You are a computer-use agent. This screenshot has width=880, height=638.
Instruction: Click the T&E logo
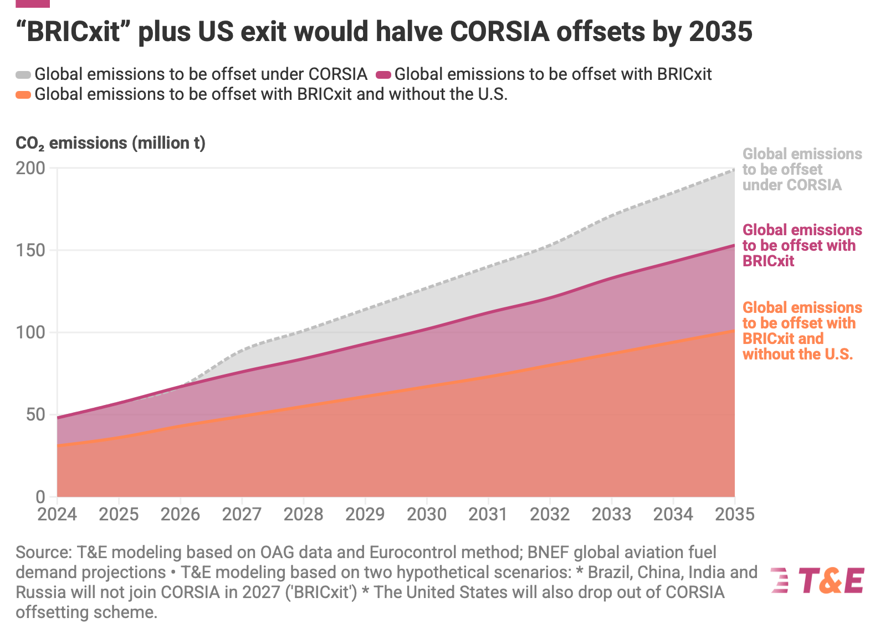coord(817,580)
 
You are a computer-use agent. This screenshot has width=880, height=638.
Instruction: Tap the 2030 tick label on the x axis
coord(427,514)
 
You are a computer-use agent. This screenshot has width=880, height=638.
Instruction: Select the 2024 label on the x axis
coord(57,514)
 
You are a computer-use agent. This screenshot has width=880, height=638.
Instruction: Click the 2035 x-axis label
coord(735,514)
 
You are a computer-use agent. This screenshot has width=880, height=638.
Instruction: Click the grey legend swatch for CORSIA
coord(23,74)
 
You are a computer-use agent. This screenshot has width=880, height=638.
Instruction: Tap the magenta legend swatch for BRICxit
coord(383,74)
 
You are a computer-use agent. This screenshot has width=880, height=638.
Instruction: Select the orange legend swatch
coord(23,94)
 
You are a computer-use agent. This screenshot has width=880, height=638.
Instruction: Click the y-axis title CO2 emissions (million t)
coord(110,143)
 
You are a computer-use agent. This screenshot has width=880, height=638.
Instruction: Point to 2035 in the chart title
coord(720,32)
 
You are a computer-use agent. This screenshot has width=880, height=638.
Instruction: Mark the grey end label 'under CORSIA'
coord(792,185)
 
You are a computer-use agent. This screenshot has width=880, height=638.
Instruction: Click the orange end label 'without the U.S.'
coord(797,354)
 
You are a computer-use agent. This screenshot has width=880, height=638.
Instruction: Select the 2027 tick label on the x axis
coord(242,514)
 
